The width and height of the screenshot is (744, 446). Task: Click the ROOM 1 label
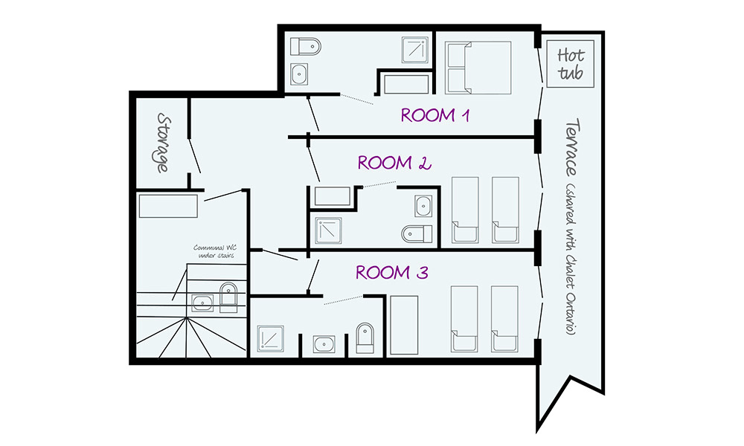point(438,115)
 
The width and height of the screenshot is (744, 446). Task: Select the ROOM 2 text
point(395,163)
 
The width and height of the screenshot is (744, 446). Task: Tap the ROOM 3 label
point(391,272)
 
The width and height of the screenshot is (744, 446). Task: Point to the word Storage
point(160,143)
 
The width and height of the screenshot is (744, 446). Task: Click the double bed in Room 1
point(478,68)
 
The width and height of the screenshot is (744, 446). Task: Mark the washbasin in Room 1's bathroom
point(299,74)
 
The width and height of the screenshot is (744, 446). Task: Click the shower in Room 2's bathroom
point(327,230)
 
